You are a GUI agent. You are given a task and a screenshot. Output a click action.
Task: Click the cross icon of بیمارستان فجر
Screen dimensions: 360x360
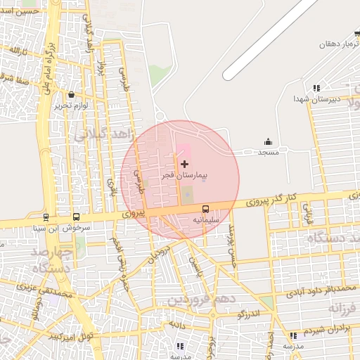[x=184, y=163]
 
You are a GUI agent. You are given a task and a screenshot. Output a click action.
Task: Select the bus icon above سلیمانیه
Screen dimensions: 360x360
[x=205, y=209]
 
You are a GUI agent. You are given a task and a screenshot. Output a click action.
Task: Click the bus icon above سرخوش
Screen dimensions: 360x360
[x=75, y=217]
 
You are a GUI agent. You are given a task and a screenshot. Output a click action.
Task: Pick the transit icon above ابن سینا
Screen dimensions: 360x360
[x=46, y=218]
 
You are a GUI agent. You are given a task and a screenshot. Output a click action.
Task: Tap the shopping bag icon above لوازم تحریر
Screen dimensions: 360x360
[x=72, y=95]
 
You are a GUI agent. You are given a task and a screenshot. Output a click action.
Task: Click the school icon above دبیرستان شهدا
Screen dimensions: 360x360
[x=316, y=89]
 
